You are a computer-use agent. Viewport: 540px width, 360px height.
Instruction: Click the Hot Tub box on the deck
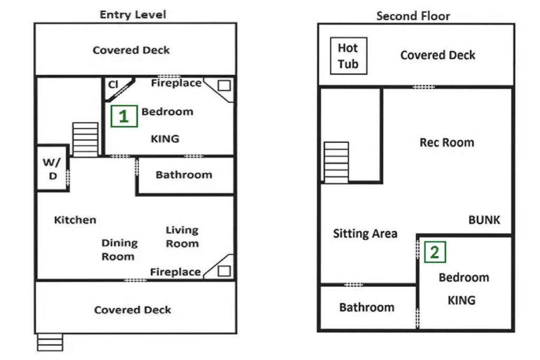point(349,56)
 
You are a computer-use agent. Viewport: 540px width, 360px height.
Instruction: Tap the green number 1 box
point(124,116)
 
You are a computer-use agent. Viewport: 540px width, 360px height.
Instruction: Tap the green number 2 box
point(435,252)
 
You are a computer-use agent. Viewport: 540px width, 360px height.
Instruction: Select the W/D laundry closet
point(53,168)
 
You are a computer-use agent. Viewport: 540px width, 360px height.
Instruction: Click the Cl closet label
point(113,84)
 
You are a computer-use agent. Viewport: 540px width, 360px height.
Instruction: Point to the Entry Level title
point(133,14)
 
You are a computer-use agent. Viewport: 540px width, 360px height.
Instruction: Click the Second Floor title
point(413,16)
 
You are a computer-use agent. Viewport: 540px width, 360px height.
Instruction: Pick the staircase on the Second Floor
point(336,162)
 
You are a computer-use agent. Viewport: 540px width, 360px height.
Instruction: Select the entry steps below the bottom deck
point(50,342)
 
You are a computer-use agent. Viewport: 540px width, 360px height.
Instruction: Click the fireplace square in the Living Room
point(224,271)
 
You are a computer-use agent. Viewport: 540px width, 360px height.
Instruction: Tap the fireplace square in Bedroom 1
point(224,85)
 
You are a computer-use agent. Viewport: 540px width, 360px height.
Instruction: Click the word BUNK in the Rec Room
point(484,220)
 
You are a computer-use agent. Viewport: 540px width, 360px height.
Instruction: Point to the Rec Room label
point(447,142)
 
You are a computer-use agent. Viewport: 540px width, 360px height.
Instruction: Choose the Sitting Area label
point(365,233)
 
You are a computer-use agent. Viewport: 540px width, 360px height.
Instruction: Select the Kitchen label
point(75,220)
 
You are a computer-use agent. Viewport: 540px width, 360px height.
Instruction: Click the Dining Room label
point(119,250)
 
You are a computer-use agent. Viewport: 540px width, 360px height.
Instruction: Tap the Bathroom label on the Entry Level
point(184,175)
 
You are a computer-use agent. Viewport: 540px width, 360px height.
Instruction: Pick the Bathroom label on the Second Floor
point(367,307)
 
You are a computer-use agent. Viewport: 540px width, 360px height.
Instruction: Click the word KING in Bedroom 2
point(461,300)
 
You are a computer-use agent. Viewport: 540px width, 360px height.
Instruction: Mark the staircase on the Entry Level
point(85,140)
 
